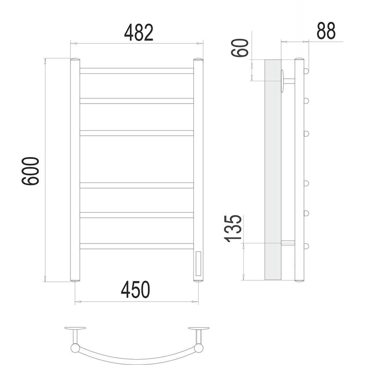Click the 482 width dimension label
[139, 32]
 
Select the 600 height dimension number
[30, 171]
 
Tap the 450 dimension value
[136, 289]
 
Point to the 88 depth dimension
[326, 31]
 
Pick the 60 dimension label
[240, 48]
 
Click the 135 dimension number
[232, 228]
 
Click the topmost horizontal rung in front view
[137, 71]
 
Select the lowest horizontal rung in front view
[137, 246]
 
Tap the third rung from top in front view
[137, 133]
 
